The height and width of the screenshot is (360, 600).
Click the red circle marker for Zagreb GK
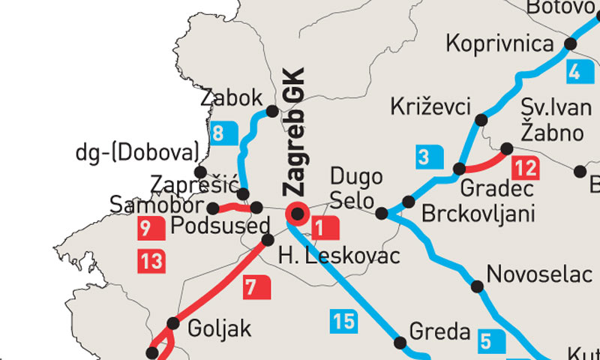297,214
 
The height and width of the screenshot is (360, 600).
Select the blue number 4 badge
574,73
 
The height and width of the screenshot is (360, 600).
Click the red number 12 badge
523,166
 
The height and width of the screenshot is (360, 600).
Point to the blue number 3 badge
425,157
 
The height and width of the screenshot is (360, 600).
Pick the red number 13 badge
151,262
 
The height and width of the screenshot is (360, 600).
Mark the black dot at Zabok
273,111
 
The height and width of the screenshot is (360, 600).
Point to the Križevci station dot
481,119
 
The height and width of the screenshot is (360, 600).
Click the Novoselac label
538,274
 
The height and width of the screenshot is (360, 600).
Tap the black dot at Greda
400,342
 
